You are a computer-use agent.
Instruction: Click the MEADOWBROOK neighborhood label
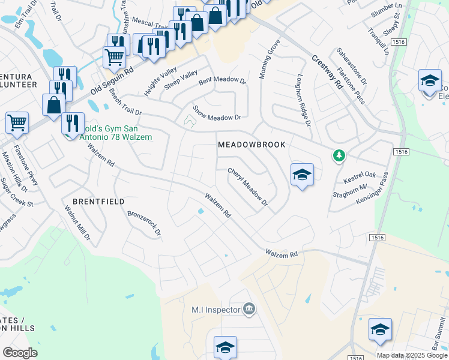point(252,145)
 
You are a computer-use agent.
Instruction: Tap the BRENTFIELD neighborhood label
point(98,202)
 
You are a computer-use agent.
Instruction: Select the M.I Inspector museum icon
point(249,310)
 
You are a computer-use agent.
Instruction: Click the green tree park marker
point(339,156)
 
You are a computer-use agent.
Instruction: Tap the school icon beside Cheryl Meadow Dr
point(302,175)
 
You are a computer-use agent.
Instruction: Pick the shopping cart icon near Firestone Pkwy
point(17,122)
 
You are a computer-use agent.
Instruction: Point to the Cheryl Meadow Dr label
point(247,187)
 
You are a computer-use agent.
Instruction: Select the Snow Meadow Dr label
point(216,112)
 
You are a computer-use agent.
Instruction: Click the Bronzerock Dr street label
point(145,222)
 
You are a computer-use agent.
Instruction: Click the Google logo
point(20,352)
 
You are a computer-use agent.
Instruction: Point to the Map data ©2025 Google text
point(412,355)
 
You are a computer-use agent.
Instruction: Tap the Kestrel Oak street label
point(360,178)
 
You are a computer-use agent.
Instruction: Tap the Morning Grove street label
point(270,59)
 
